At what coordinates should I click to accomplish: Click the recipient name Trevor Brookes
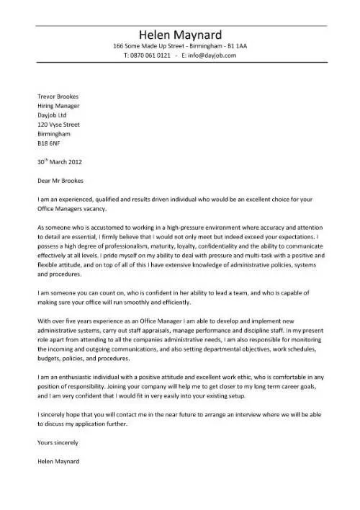(x=57, y=96)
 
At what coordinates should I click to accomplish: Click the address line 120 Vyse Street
(x=58, y=123)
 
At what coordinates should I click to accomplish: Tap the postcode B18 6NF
(x=48, y=142)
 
